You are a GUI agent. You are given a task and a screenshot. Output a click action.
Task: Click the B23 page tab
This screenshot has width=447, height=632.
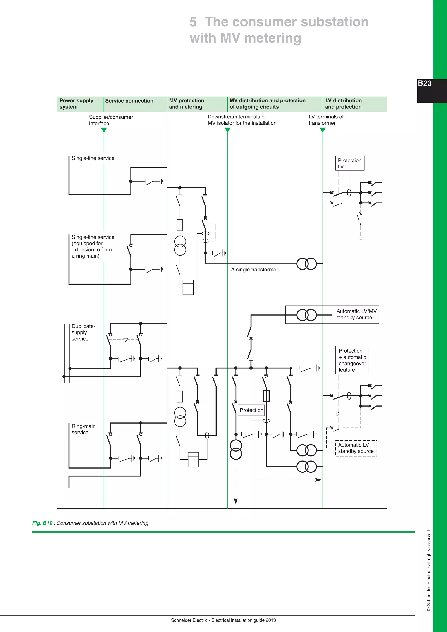(425, 83)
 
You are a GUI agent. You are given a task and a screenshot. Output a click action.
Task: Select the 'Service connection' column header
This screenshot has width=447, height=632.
(129, 101)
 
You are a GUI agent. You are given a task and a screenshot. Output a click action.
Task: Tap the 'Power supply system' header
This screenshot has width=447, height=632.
(76, 104)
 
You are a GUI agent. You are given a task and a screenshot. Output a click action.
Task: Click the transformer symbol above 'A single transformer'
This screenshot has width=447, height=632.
(307, 264)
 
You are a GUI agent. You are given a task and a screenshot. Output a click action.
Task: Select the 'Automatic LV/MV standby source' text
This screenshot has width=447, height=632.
(356, 314)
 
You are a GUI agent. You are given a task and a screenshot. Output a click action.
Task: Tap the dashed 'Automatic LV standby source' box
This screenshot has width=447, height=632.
(356, 448)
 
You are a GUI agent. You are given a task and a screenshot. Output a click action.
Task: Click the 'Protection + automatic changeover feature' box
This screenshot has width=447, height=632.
(352, 360)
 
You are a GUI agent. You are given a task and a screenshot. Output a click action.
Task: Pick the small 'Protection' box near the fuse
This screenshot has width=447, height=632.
(251, 410)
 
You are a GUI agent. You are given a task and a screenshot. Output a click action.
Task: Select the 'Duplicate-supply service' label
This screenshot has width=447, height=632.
(83, 333)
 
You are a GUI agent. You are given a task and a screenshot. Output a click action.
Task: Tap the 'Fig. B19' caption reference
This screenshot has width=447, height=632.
(42, 523)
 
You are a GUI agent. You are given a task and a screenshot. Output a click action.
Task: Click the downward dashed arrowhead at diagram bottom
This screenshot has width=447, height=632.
(236, 501)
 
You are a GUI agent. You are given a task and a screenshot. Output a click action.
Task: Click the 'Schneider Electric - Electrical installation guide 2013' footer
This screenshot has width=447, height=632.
(223, 620)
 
